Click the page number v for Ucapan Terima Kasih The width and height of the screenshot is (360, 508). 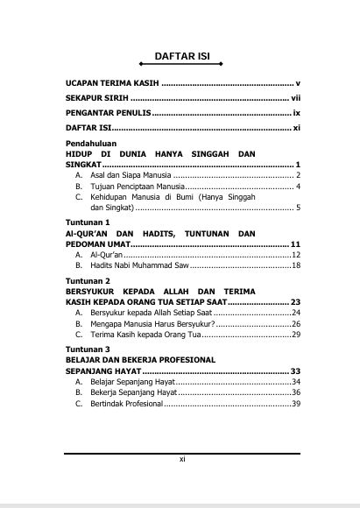pyautogui.click(x=299, y=81)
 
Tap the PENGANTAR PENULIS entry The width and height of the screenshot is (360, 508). pyautogui.click(x=108, y=114)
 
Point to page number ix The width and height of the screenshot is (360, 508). pyautogui.click(x=297, y=114)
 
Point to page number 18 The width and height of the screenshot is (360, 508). pyautogui.click(x=296, y=265)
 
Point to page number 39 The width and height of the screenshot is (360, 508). pyautogui.click(x=296, y=404)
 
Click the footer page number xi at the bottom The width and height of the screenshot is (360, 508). pyautogui.click(x=181, y=459)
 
